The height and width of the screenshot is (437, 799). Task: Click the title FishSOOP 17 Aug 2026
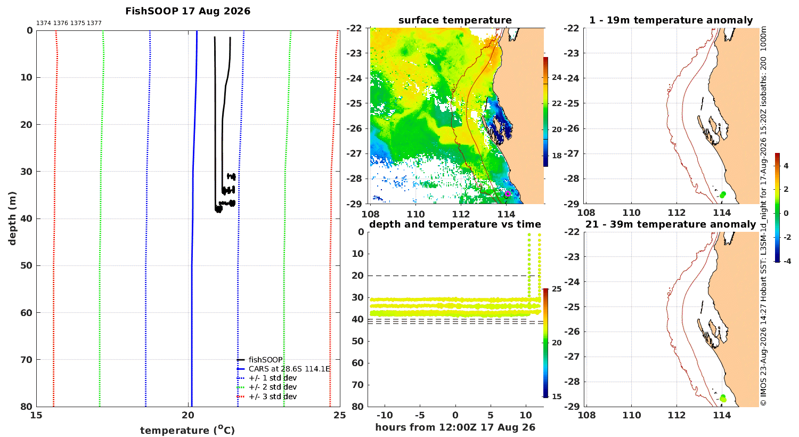click(187, 11)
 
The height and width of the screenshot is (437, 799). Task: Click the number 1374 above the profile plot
click(44, 23)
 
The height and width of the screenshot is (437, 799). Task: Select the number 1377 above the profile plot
click(94, 23)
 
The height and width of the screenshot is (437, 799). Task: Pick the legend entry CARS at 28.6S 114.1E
click(283, 369)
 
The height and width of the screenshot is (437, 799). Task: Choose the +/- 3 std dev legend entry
click(267, 396)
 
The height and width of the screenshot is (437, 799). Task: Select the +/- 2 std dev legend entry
click(267, 387)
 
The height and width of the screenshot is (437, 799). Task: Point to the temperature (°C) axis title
click(187, 430)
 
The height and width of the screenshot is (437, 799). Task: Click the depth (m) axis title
click(12, 218)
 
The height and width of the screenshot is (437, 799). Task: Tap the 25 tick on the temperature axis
click(340, 415)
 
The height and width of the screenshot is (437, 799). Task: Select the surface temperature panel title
click(455, 20)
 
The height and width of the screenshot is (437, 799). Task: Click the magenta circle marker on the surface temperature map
click(508, 193)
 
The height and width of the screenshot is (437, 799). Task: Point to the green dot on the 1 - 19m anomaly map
click(723, 195)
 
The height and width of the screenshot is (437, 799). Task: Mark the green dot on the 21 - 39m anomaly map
click(723, 398)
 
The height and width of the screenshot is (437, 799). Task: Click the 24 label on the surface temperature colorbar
click(557, 77)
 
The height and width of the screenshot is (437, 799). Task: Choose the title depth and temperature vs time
click(455, 224)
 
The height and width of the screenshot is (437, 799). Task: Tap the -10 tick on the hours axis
click(385, 415)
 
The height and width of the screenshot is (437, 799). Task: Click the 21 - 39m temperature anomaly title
click(671, 224)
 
